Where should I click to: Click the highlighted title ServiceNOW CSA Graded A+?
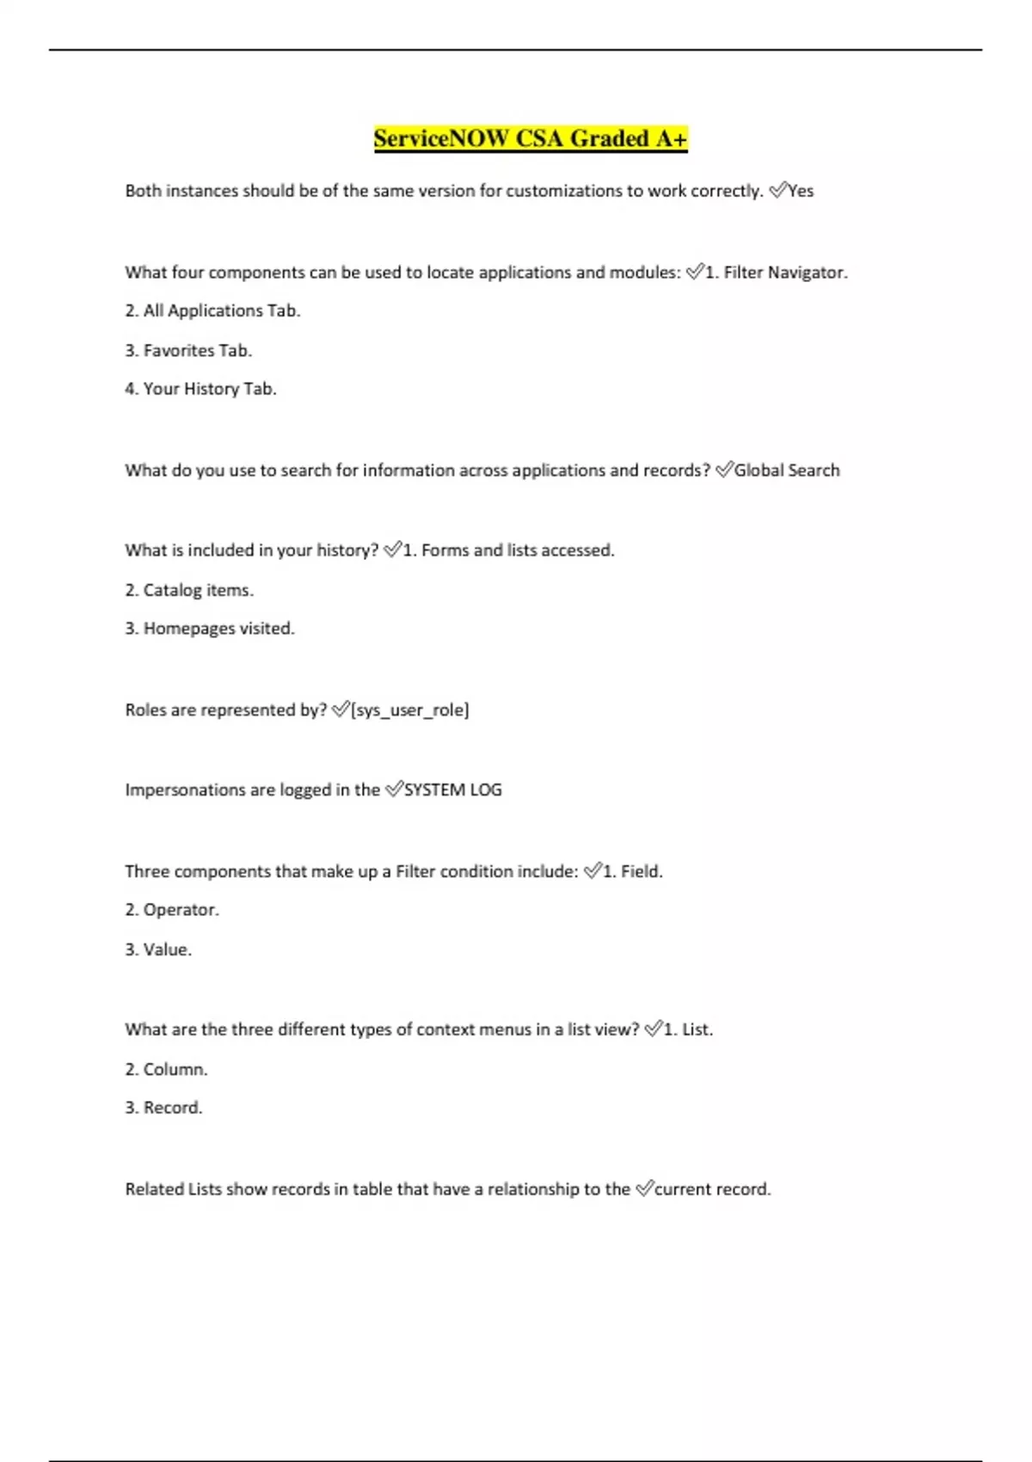[x=531, y=138]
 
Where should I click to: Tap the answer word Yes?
[x=801, y=191]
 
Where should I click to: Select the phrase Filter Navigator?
[x=785, y=273]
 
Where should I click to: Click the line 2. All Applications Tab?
[x=212, y=310]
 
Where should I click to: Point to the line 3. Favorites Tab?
[x=188, y=350]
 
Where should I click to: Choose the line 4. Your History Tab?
[x=200, y=389]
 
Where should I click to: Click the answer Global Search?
[x=787, y=470]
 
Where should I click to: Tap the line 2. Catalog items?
[x=189, y=590]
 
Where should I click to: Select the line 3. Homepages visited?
[x=210, y=629]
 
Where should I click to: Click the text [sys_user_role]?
[x=410, y=710]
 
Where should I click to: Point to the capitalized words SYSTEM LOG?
[x=453, y=789]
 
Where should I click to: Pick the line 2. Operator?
[x=172, y=910]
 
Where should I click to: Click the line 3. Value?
[x=158, y=949]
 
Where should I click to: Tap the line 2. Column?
[x=166, y=1069]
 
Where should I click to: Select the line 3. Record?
[x=163, y=1108]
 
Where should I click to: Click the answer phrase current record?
[x=713, y=1189]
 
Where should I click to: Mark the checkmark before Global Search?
[x=724, y=469]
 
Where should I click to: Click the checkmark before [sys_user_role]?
[x=341, y=709]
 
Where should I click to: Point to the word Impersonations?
[x=176, y=789]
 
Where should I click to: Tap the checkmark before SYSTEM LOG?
[x=394, y=789]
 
